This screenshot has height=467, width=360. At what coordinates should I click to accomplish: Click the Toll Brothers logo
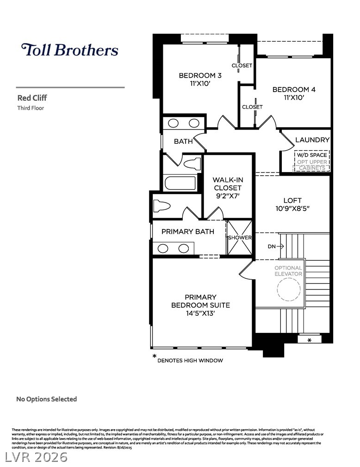click(69, 50)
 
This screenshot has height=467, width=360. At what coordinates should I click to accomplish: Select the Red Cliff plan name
click(32, 98)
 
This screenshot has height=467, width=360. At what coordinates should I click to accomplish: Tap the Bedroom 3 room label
click(200, 75)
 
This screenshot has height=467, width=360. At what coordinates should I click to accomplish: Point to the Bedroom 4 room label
click(293, 90)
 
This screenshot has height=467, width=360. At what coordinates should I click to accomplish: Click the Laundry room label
click(312, 140)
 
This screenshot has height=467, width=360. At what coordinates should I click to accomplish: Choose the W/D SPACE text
click(311, 155)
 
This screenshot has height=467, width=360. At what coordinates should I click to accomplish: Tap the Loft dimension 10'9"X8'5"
click(292, 209)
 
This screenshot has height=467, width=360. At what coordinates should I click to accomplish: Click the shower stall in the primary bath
click(240, 237)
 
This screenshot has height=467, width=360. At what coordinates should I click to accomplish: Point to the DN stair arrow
click(276, 246)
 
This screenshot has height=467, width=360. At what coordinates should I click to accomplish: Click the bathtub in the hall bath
click(180, 183)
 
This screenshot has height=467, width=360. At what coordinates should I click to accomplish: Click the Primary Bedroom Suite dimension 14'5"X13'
click(200, 313)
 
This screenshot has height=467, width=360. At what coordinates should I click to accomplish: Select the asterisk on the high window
click(309, 340)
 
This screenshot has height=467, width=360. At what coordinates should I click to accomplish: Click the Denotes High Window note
click(190, 360)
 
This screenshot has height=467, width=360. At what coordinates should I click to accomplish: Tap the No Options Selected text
click(46, 399)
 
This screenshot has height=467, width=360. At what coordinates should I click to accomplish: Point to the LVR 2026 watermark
click(36, 457)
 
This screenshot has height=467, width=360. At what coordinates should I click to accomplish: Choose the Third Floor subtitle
click(31, 108)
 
